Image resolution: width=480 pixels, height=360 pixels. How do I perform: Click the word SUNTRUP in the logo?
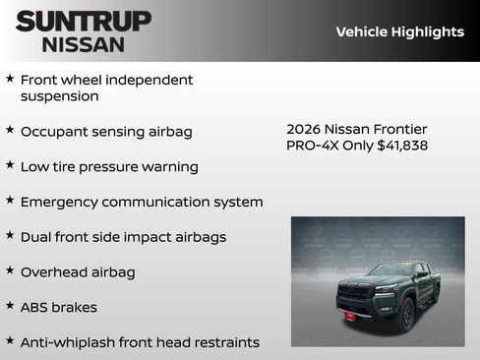click(84, 21)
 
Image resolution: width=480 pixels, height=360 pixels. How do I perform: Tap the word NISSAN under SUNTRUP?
click(84, 44)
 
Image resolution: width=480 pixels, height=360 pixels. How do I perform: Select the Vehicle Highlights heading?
click(399, 31)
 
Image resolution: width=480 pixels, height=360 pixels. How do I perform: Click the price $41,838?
click(401, 146)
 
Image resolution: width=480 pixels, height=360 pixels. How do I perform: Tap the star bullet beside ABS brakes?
click(10, 306)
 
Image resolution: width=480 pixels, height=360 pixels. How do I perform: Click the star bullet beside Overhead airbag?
click(10, 270)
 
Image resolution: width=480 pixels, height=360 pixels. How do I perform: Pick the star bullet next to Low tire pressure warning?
click(10, 165)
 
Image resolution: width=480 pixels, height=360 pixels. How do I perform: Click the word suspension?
click(60, 96)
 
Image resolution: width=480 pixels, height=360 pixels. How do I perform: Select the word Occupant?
click(54, 131)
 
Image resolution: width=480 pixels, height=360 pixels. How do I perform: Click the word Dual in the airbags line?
click(37, 237)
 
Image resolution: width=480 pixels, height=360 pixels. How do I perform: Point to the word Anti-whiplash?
click(70, 342)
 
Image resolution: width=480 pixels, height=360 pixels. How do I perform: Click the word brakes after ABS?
click(75, 307)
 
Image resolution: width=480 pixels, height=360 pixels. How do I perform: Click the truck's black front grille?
click(355, 293)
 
